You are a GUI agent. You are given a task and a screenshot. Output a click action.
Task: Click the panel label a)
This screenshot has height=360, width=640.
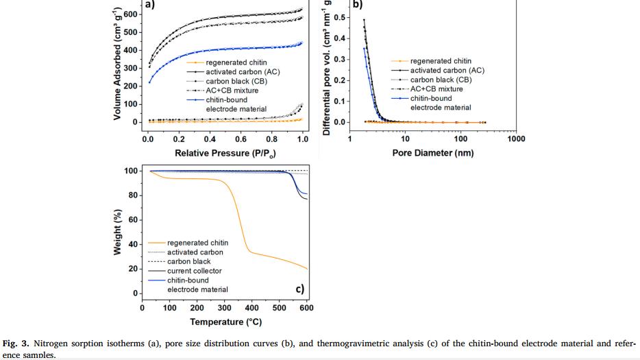(x=150, y=6)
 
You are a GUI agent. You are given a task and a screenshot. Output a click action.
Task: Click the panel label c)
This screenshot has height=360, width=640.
(x=300, y=289)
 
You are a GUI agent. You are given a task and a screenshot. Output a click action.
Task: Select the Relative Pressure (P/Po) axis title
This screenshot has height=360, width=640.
(x=225, y=153)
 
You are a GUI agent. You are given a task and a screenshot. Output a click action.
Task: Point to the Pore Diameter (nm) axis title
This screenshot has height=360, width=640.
(x=432, y=153)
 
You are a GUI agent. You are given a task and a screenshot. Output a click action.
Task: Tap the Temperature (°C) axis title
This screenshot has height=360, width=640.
(x=225, y=322)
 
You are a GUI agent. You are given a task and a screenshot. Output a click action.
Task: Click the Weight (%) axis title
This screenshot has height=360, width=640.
(x=118, y=233)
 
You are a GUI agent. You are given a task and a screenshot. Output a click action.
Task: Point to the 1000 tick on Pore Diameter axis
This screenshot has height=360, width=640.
(x=516, y=138)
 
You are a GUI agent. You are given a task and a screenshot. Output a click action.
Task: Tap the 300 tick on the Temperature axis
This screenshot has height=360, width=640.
(x=224, y=308)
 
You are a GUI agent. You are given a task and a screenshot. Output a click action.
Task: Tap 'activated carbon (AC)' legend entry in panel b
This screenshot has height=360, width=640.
(x=447, y=71)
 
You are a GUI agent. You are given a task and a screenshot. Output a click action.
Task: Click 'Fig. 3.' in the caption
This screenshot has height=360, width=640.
(x=14, y=344)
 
